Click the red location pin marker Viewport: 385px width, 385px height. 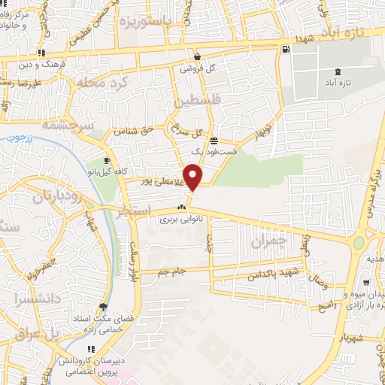(x=193, y=177)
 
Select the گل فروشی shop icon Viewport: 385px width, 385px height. (x=197, y=56)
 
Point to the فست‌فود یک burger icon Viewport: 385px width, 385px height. (x=214, y=141)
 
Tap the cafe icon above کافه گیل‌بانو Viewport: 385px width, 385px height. (x=107, y=161)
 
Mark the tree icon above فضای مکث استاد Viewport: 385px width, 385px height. (x=102, y=307)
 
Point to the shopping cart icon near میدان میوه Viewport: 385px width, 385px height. (x=366, y=283)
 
